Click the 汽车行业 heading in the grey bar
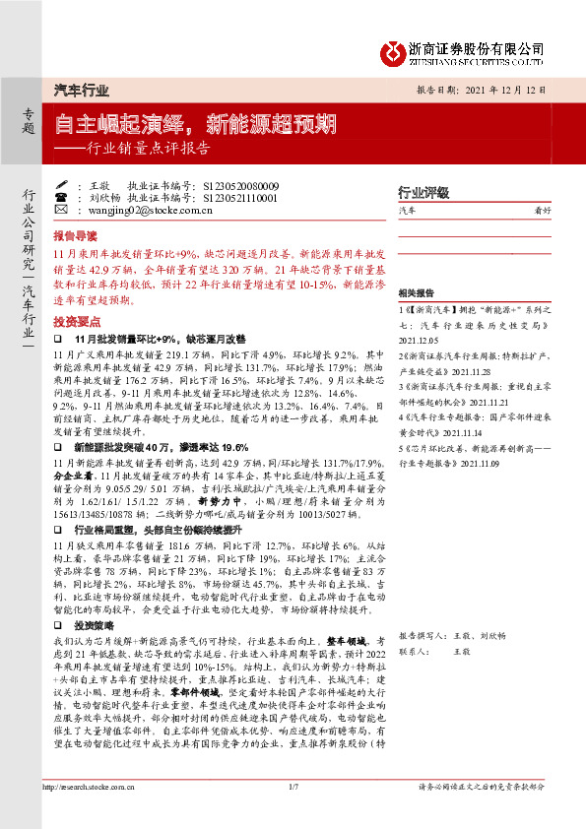click(x=80, y=90)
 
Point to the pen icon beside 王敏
click(x=61, y=185)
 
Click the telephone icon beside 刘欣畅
click(x=61, y=197)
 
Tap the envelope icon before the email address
click(x=61, y=210)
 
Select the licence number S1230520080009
click(x=240, y=185)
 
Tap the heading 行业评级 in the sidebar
click(x=423, y=191)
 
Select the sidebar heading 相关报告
click(x=418, y=293)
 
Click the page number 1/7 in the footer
click(x=293, y=787)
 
